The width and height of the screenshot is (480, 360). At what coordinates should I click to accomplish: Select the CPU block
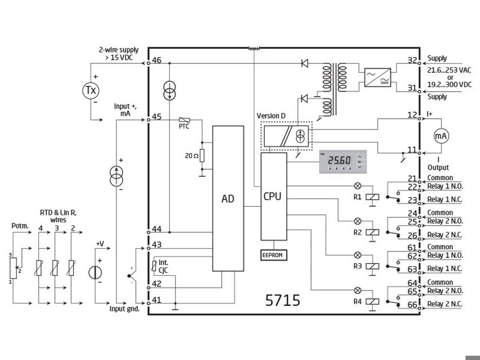coord(273,197)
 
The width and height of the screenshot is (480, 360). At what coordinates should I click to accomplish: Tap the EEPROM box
coord(273,255)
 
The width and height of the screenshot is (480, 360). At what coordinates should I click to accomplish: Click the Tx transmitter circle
coord(91,90)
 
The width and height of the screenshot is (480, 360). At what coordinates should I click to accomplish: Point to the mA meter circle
coord(440,136)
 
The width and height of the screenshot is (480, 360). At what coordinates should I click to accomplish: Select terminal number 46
coord(156,60)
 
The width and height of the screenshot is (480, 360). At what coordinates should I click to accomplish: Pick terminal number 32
coord(412,60)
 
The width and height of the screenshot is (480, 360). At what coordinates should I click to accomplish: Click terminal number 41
coord(156,300)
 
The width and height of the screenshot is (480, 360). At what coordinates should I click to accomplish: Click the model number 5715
coord(282,300)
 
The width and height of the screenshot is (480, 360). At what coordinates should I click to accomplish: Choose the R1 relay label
coord(356,198)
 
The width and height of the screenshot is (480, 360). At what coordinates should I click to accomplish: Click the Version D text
coord(271,115)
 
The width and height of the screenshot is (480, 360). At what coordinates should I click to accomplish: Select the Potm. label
coord(19,226)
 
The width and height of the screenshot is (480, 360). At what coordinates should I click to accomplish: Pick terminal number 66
coord(412,305)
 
